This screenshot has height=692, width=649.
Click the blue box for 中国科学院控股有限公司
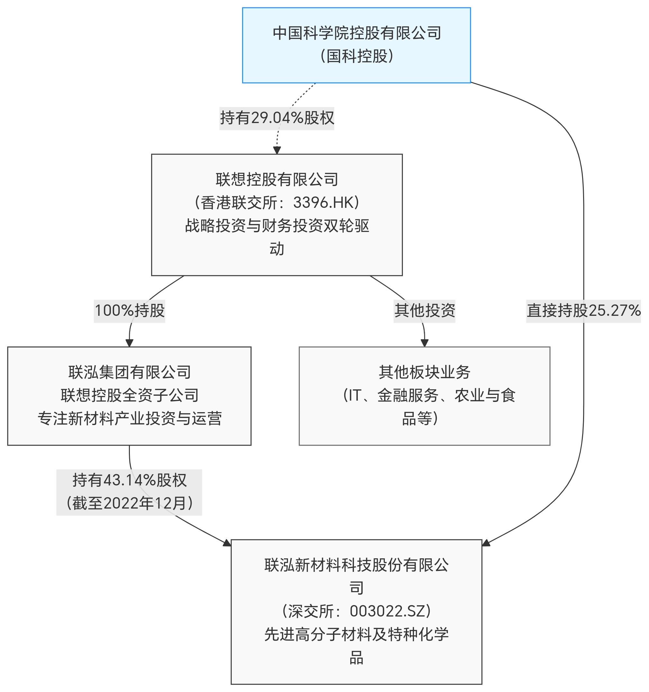[356, 45]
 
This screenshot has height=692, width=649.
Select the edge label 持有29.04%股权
[277, 118]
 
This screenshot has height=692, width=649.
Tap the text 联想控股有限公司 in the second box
[277, 179]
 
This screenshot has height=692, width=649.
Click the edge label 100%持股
[130, 310]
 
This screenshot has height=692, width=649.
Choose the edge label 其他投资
[424, 310]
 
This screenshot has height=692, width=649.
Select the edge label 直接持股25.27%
[583, 310]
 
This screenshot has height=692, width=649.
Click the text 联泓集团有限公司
[130, 372]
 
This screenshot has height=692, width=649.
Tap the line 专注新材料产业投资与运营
[130, 418]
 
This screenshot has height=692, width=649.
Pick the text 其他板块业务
[424, 372]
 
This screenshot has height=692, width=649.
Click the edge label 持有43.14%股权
[130, 480]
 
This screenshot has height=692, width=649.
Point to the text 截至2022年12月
[130, 503]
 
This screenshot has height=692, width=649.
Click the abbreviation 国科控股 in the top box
[357, 56]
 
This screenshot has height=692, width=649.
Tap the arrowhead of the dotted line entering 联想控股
[277, 150]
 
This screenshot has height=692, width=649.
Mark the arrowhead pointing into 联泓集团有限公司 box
[129, 343]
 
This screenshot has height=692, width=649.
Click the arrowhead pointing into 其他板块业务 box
[424, 343]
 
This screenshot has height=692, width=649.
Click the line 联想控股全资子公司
[130, 395]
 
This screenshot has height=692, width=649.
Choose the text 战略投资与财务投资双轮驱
[277, 226]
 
